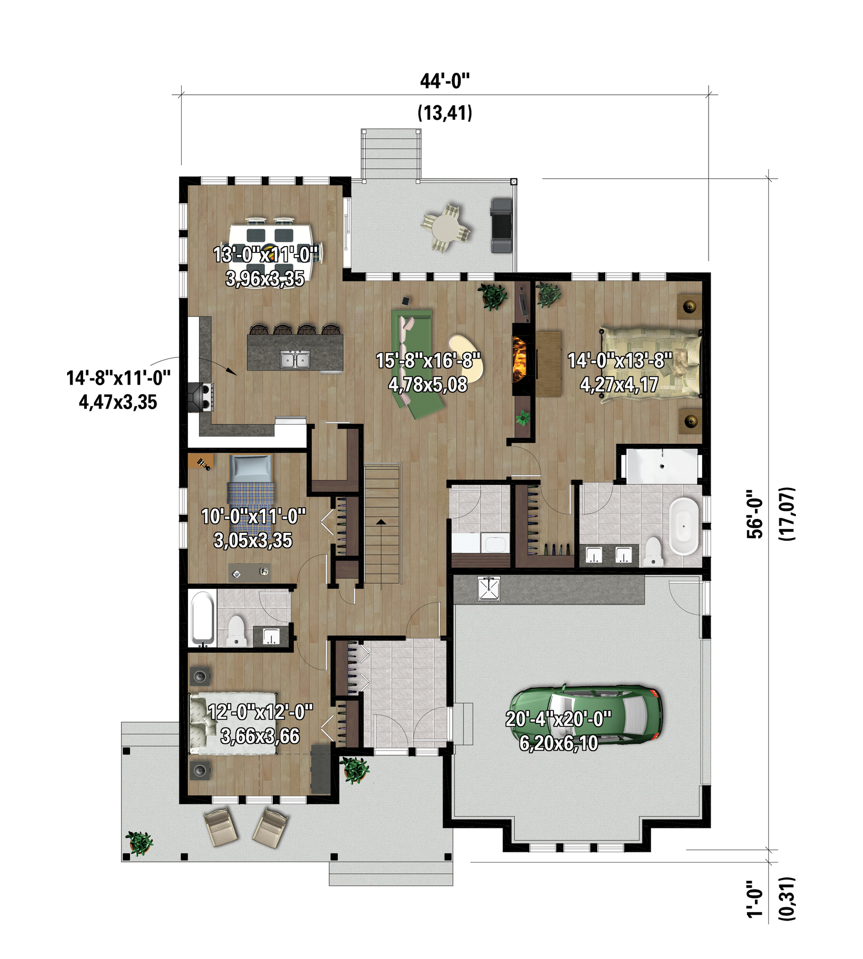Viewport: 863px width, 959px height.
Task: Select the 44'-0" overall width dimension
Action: (x=445, y=81)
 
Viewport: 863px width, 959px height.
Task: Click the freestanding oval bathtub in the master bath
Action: (x=684, y=526)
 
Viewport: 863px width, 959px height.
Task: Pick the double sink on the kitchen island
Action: (x=296, y=359)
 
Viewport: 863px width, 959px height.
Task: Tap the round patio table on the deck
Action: (x=446, y=229)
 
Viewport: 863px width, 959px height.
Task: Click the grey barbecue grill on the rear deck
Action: (x=501, y=225)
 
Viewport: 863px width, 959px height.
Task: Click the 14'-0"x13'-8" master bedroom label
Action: (x=620, y=361)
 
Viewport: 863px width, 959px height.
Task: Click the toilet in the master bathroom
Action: (x=653, y=551)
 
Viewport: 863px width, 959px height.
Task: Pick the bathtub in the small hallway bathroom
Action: (x=202, y=618)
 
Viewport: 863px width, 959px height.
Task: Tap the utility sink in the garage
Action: (x=489, y=588)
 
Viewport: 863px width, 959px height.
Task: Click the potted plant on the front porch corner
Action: (x=139, y=842)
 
